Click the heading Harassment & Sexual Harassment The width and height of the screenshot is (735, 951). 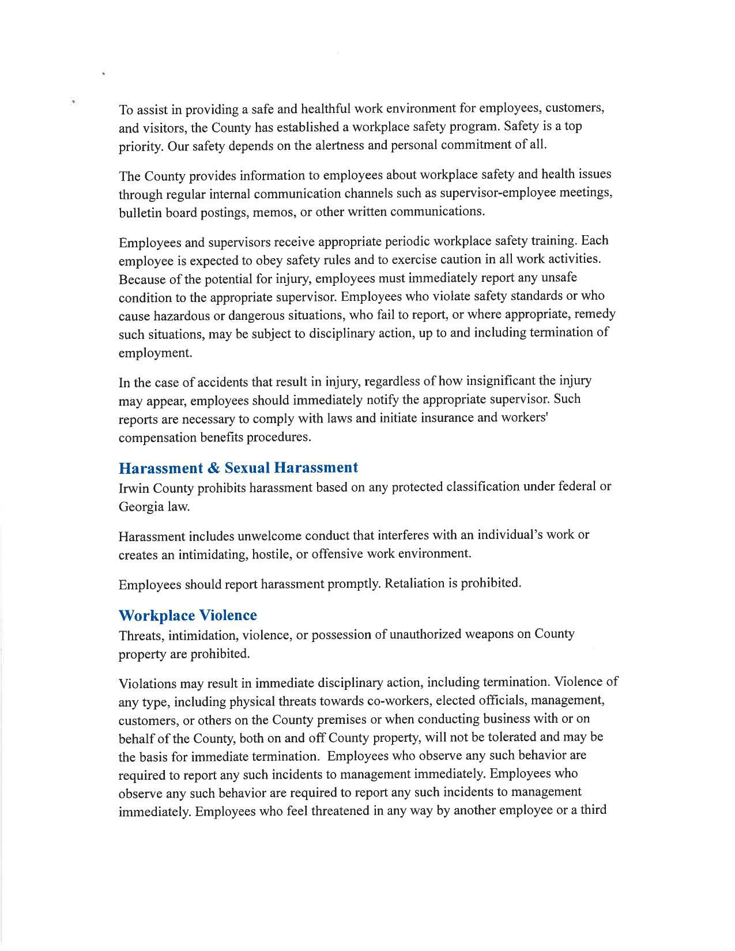(238, 467)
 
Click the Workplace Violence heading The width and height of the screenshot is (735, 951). (187, 616)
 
